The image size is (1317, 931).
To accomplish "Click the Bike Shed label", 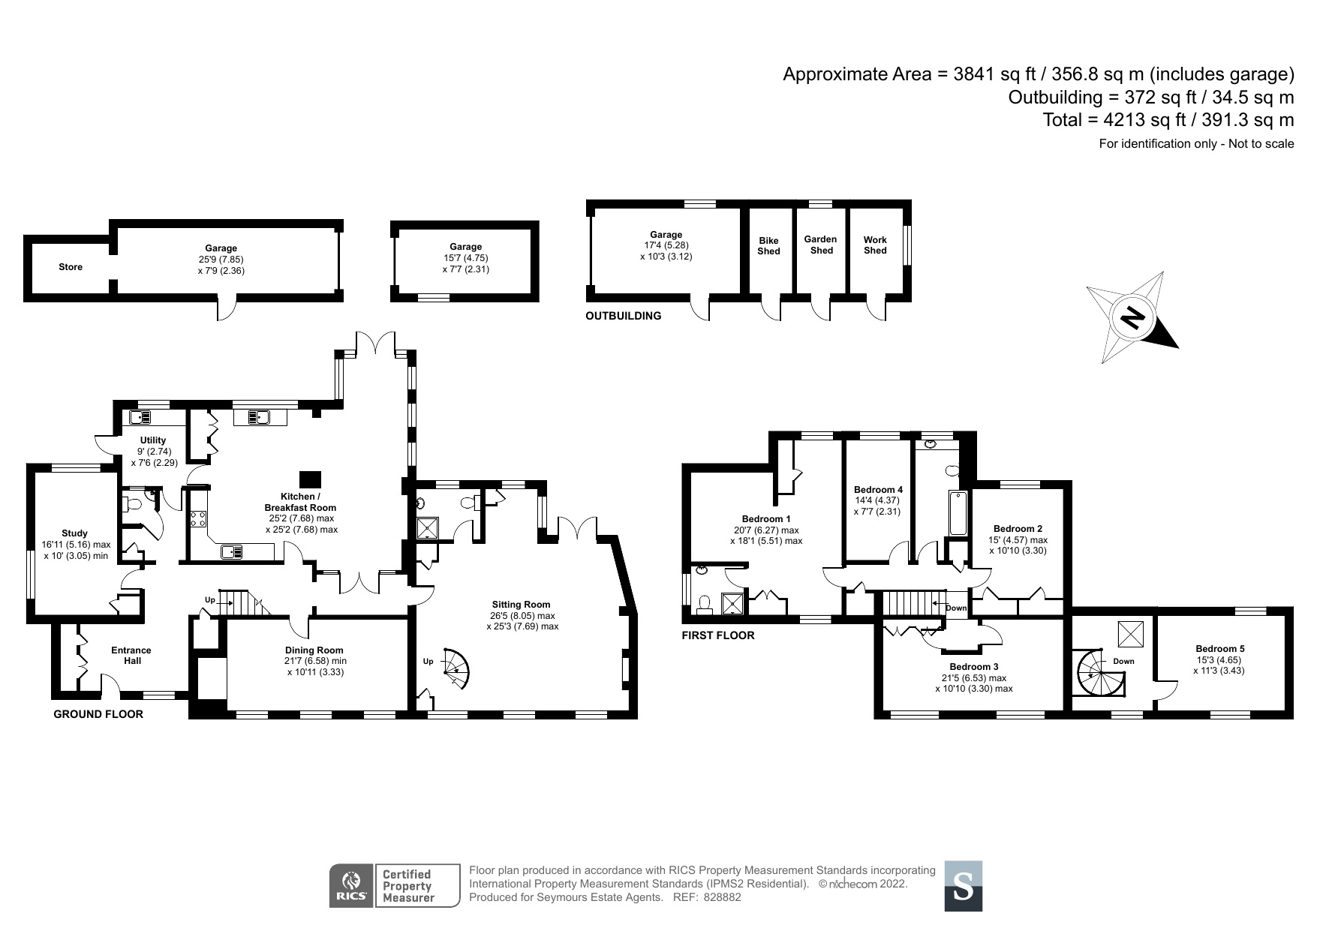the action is [x=768, y=246].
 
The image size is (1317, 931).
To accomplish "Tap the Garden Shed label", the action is [x=821, y=245].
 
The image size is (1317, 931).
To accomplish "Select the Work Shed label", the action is [x=875, y=245].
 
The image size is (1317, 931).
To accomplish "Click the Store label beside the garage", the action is [x=71, y=267].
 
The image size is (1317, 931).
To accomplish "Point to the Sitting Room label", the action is [x=522, y=605].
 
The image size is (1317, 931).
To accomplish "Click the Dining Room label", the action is [x=314, y=650].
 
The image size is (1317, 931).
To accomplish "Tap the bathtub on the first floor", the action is [x=958, y=513].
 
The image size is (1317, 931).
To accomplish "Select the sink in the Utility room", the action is [x=141, y=417].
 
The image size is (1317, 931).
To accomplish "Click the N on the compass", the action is [x=1131, y=319].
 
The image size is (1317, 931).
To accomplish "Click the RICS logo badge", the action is [x=350, y=885].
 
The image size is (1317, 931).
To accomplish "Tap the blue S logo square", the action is [x=963, y=886].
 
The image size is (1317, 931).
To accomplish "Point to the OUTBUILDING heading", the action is [x=624, y=316].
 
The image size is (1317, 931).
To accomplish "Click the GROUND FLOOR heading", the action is [x=98, y=714].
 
